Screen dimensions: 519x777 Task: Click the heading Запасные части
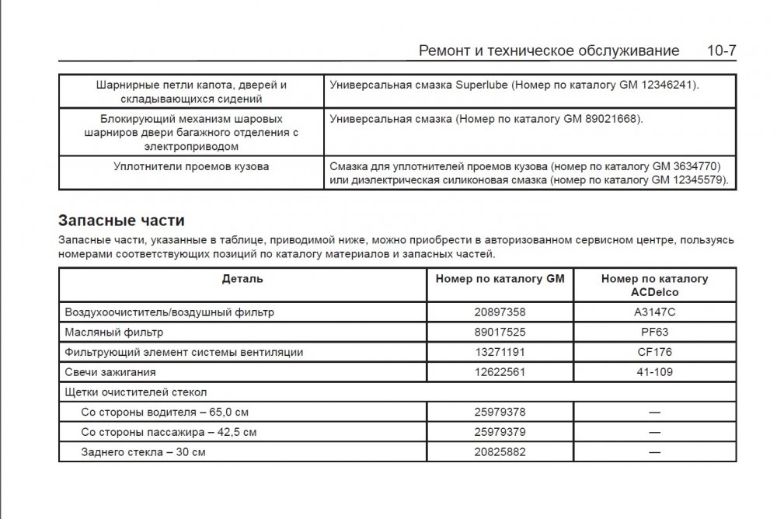[x=121, y=220]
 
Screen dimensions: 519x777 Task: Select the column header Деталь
[x=242, y=278]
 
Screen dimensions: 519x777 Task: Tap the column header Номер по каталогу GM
[x=500, y=278]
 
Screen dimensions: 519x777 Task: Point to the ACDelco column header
[x=654, y=285]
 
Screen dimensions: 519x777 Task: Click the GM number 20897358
[x=500, y=312]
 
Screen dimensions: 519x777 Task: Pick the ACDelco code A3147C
[x=654, y=312]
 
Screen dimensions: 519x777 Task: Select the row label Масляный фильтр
[x=114, y=332]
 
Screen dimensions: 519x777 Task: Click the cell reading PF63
[x=654, y=332]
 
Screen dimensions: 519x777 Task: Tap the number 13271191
[x=500, y=352]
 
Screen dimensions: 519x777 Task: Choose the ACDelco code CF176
[x=654, y=352]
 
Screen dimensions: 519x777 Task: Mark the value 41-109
[x=654, y=372]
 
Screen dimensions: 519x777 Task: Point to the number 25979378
[x=500, y=411]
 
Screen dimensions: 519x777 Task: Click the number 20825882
[x=500, y=451]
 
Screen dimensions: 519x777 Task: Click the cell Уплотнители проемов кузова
[x=191, y=166]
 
